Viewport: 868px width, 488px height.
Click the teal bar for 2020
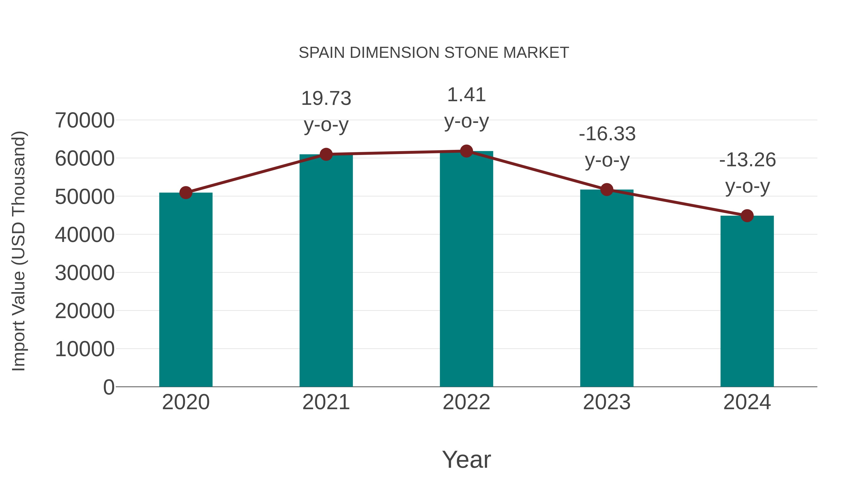coord(186,290)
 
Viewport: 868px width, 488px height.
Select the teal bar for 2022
coord(466,269)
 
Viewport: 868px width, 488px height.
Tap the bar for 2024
coord(747,301)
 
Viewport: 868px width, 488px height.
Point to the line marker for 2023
coord(607,190)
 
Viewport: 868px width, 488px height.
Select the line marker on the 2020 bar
coord(186,193)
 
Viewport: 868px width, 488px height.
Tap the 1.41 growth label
coord(466,95)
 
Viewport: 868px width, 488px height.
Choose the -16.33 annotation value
coord(607,134)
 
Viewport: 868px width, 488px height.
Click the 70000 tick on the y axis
coord(85,120)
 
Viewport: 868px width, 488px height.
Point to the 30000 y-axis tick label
coord(85,273)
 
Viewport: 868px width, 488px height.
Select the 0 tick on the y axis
coord(108,387)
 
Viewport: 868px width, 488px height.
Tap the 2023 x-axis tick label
coord(607,402)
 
